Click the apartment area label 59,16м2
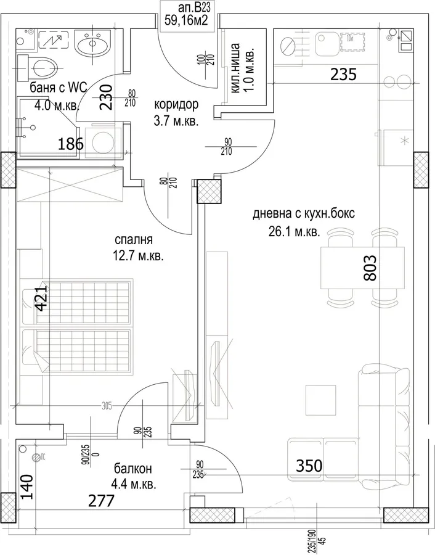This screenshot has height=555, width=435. tap(186, 20)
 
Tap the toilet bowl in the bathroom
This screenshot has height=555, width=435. tap(44, 68)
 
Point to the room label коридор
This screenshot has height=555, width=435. tap(176, 105)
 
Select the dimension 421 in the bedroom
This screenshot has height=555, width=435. tap(41, 298)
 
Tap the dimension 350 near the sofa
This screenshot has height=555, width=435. tap(309, 466)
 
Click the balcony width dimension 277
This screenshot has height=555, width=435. tap(101, 501)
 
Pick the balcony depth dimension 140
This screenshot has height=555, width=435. tap(27, 487)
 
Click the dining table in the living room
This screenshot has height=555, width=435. tap(362, 268)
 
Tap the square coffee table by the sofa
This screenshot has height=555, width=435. tap(320, 400)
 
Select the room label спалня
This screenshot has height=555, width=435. tap(134, 240)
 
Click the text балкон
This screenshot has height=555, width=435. tap(132, 469)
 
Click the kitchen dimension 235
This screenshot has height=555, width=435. tap(343, 75)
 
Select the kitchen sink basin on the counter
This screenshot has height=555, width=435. tap(327, 44)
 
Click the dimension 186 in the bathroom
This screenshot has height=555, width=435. tap(71, 144)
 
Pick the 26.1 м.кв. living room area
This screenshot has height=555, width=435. tap(295, 232)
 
